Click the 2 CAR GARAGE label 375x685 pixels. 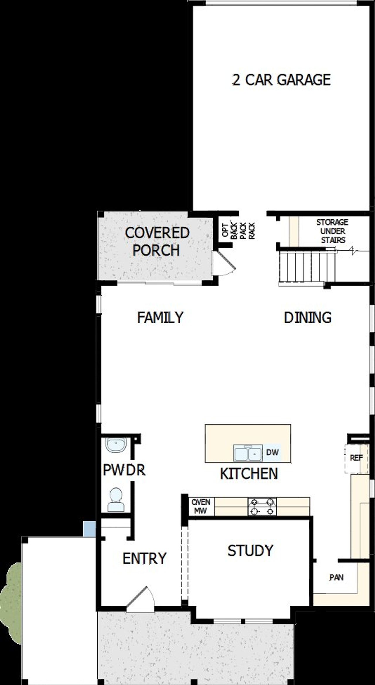pos(281,80)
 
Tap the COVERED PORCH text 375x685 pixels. pos(157,242)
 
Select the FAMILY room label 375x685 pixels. pos(160,317)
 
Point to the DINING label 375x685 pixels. pos(308,317)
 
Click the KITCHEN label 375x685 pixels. pos(249,474)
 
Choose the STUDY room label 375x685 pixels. pos(250,551)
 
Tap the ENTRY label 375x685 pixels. pos(144,558)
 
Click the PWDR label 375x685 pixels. pos(124,470)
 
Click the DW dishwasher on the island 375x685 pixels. pos(272,452)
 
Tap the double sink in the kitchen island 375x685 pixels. pos(248,454)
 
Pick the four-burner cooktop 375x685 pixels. pos(262,507)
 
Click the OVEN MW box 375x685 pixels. pos(201,506)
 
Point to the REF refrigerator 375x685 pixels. pos(356,458)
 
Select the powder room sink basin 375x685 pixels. pos(115,445)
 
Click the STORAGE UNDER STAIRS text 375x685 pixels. pos(332,231)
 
